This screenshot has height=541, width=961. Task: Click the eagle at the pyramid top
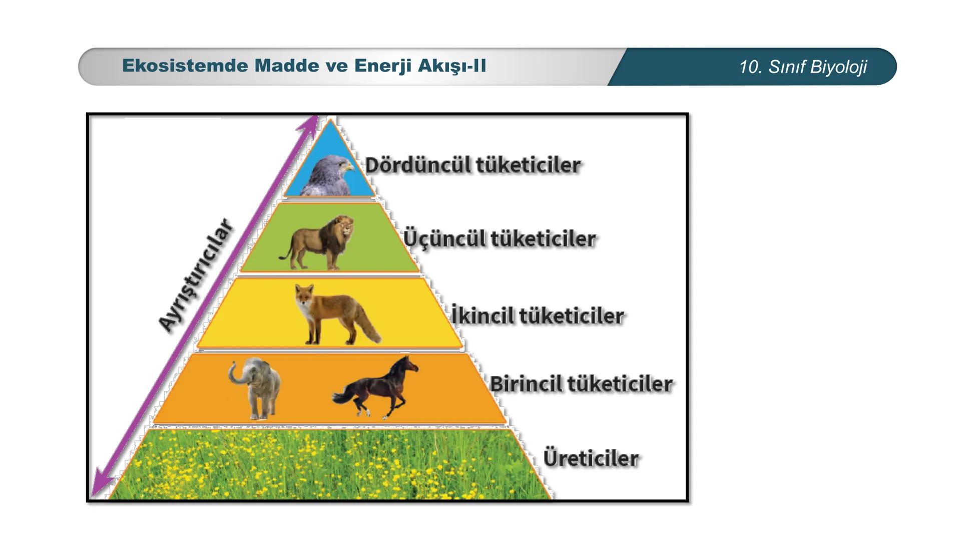tap(327, 175)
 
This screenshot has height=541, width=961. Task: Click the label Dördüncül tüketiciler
tap(473, 165)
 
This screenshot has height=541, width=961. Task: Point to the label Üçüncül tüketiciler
tap(500, 238)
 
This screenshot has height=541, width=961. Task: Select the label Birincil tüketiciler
tap(581, 384)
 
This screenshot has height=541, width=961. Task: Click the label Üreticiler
tap(591, 458)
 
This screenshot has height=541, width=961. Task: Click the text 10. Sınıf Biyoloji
tap(803, 67)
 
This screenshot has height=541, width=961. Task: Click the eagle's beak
tap(350, 167)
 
